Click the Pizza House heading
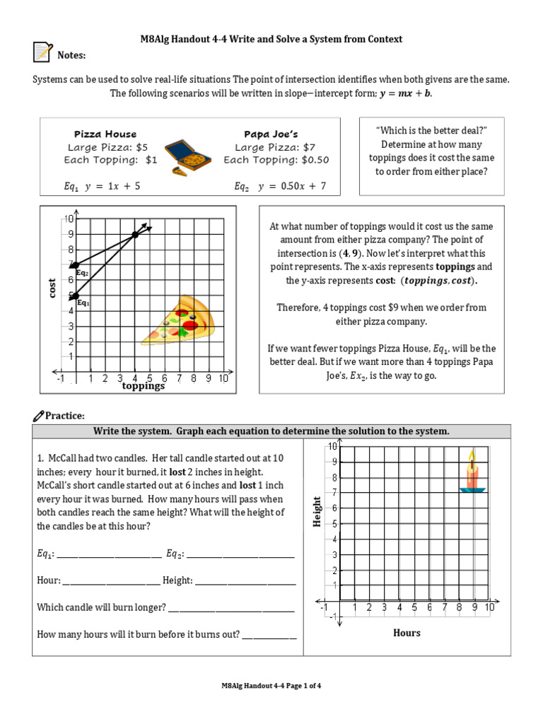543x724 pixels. (105, 134)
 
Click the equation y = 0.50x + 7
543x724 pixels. (280, 187)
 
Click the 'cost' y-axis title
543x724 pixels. (52, 288)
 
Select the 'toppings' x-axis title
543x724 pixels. (143, 386)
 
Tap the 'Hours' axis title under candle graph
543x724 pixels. (407, 633)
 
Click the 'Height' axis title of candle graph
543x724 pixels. (317, 511)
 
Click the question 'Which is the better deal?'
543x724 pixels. (432, 131)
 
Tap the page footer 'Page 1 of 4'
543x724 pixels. (271, 685)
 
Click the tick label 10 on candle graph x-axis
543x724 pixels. (489, 607)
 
